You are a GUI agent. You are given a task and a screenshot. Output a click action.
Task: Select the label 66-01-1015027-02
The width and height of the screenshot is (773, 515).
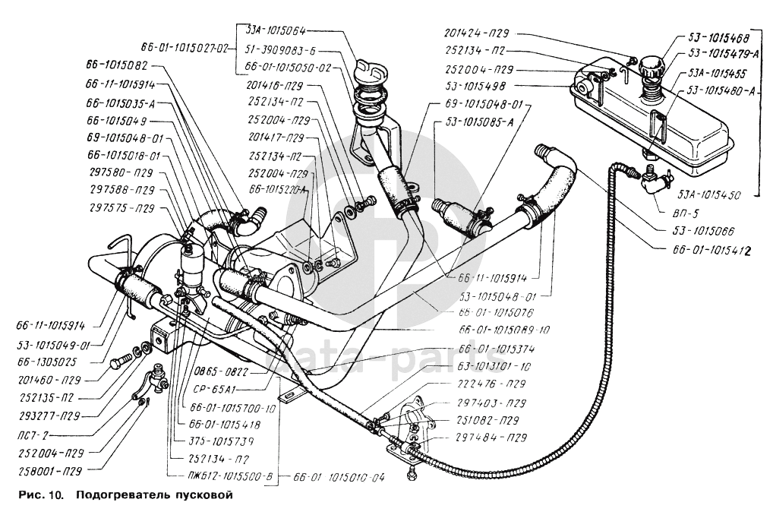[185, 48]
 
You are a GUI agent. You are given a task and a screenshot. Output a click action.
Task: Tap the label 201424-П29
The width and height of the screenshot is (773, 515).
[478, 33]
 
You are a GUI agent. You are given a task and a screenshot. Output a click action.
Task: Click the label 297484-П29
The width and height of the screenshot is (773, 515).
[491, 437]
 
